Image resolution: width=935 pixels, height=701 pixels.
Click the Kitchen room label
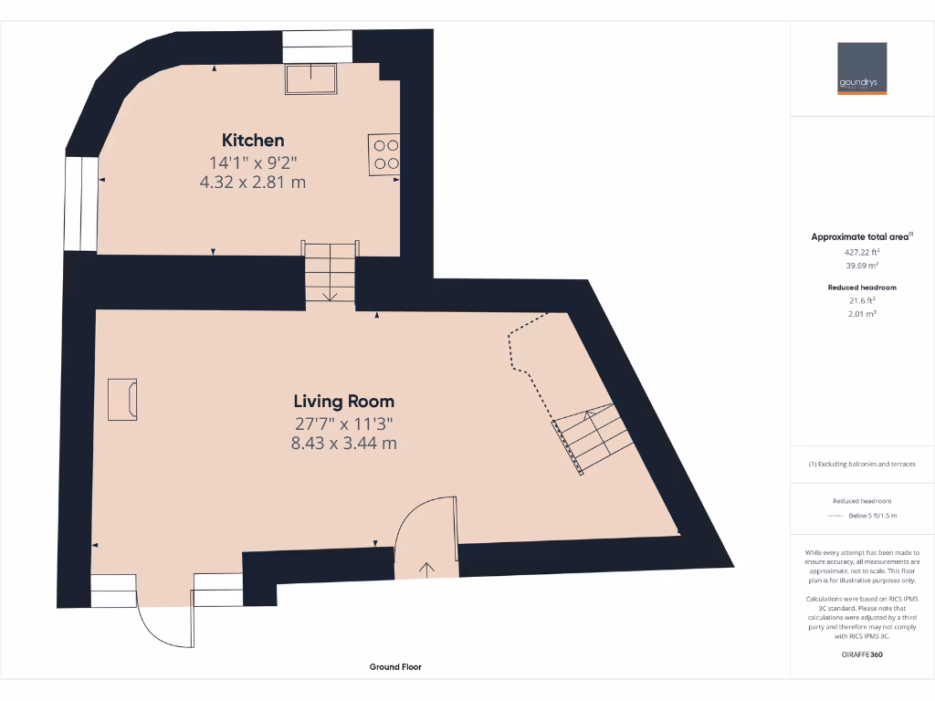[x=253, y=141]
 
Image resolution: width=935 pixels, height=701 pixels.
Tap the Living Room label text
[x=343, y=401]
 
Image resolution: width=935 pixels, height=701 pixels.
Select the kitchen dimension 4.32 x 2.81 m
[x=252, y=182]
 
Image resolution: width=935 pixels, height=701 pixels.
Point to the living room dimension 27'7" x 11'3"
[x=343, y=424]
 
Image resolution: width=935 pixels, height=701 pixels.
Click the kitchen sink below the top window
[x=311, y=78]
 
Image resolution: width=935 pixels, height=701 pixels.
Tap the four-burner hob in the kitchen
[x=384, y=153]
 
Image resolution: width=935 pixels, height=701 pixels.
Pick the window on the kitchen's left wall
[x=81, y=203]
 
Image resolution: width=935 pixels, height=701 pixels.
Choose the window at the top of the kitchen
[x=317, y=46]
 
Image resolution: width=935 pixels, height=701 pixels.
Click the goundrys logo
[x=862, y=68]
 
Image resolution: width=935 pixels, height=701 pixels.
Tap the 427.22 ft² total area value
[x=862, y=251]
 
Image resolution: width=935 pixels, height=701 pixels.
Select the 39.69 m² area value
[x=862, y=265]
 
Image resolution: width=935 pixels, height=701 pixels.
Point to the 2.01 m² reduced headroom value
[x=862, y=313]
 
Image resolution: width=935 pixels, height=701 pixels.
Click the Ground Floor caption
[x=395, y=667]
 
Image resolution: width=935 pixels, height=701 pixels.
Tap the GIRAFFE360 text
[x=862, y=654]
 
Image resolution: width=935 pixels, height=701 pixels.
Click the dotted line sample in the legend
[x=835, y=516]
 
